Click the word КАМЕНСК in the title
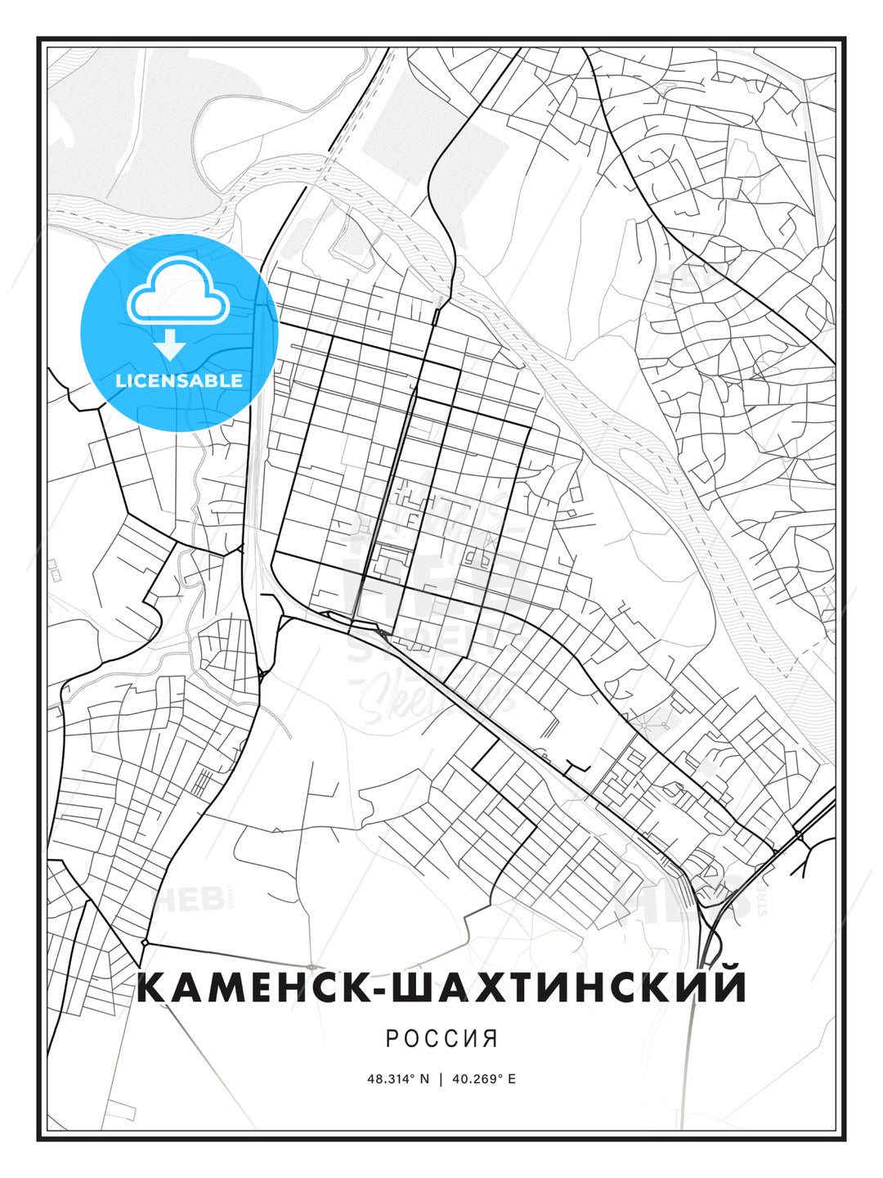(x=249, y=987)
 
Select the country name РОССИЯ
(x=441, y=1038)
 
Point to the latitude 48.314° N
(x=398, y=1079)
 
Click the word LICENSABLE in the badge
(x=179, y=380)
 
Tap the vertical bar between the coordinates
(x=441, y=1079)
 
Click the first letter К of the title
(x=153, y=987)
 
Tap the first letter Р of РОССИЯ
(x=391, y=1038)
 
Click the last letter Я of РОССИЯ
(x=491, y=1038)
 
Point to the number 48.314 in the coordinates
(x=390, y=1079)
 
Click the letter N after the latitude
(x=424, y=1079)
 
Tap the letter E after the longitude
(x=512, y=1079)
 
